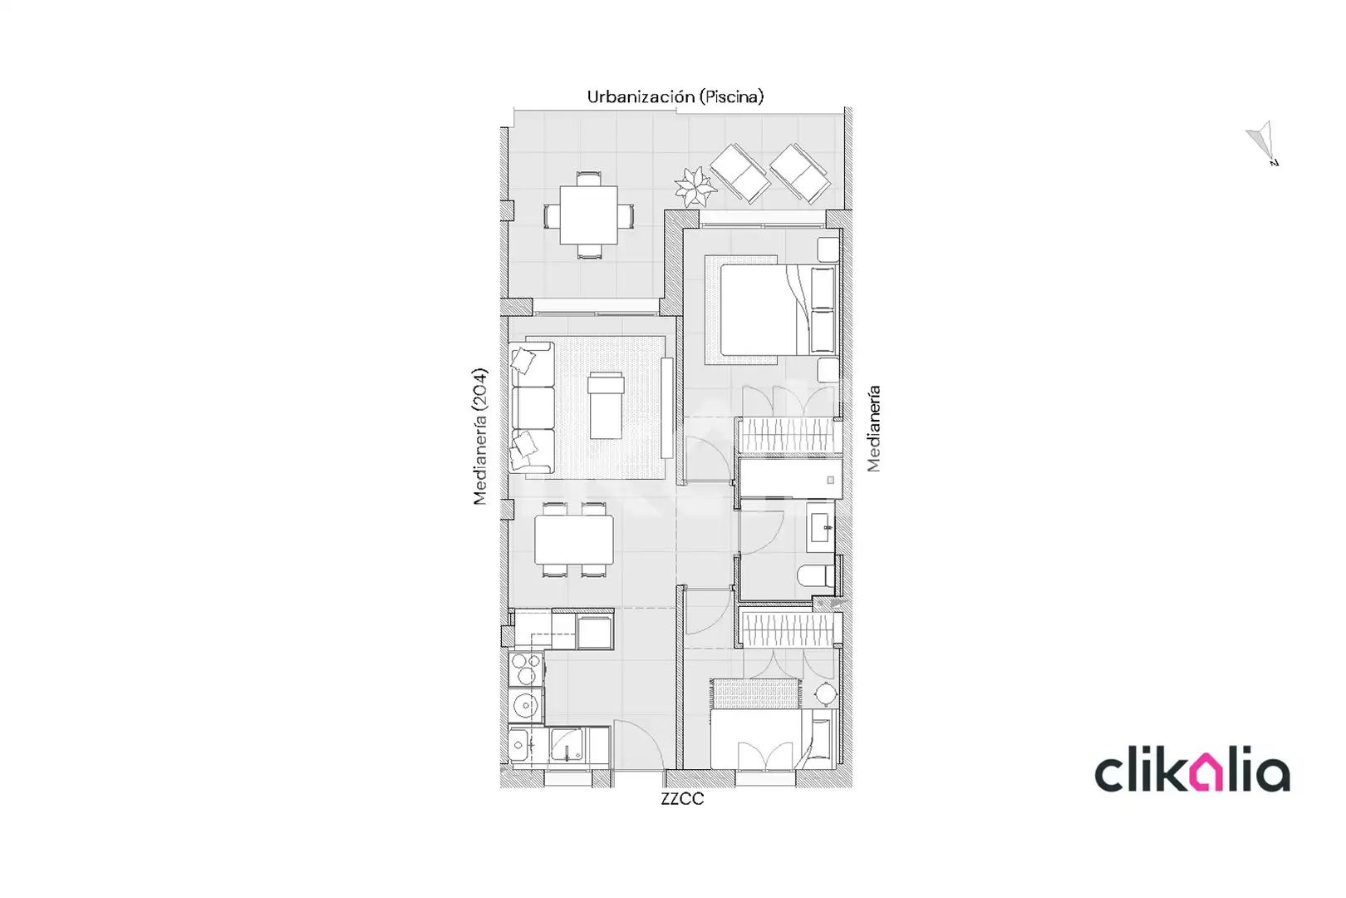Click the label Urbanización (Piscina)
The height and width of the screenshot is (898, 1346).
[675, 96]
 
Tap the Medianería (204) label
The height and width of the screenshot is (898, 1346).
[479, 437]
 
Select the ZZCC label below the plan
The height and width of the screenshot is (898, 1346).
[682, 799]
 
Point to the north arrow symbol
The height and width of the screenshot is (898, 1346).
[1263, 142]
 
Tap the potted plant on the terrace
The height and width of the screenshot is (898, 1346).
[695, 187]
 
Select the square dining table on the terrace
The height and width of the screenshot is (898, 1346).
[588, 215]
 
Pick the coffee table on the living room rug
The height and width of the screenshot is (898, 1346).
[606, 406]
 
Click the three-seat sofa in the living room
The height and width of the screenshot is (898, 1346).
[532, 407]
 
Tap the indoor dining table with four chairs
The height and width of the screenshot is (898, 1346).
[574, 540]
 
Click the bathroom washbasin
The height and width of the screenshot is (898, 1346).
[820, 527]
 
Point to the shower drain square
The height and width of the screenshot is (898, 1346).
[830, 480]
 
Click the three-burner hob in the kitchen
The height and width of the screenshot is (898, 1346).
[527, 669]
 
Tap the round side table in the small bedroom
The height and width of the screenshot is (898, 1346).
[826, 694]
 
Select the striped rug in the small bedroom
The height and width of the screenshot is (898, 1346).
[756, 693]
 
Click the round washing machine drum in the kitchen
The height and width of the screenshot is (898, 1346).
[527, 705]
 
